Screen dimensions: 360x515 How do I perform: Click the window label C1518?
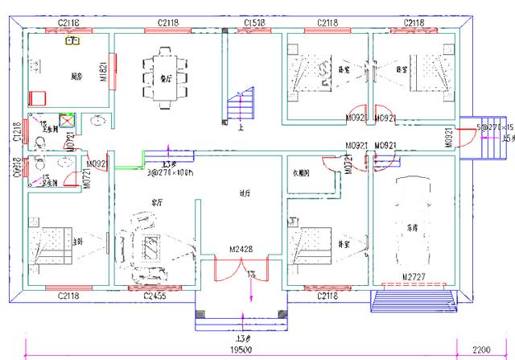tap(253, 23)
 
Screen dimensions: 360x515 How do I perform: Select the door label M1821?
tap(104, 73)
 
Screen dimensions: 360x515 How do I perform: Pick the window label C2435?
tap(154, 297)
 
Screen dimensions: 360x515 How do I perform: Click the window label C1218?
tap(17, 132)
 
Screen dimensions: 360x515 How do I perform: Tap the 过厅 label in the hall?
tap(245, 193)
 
